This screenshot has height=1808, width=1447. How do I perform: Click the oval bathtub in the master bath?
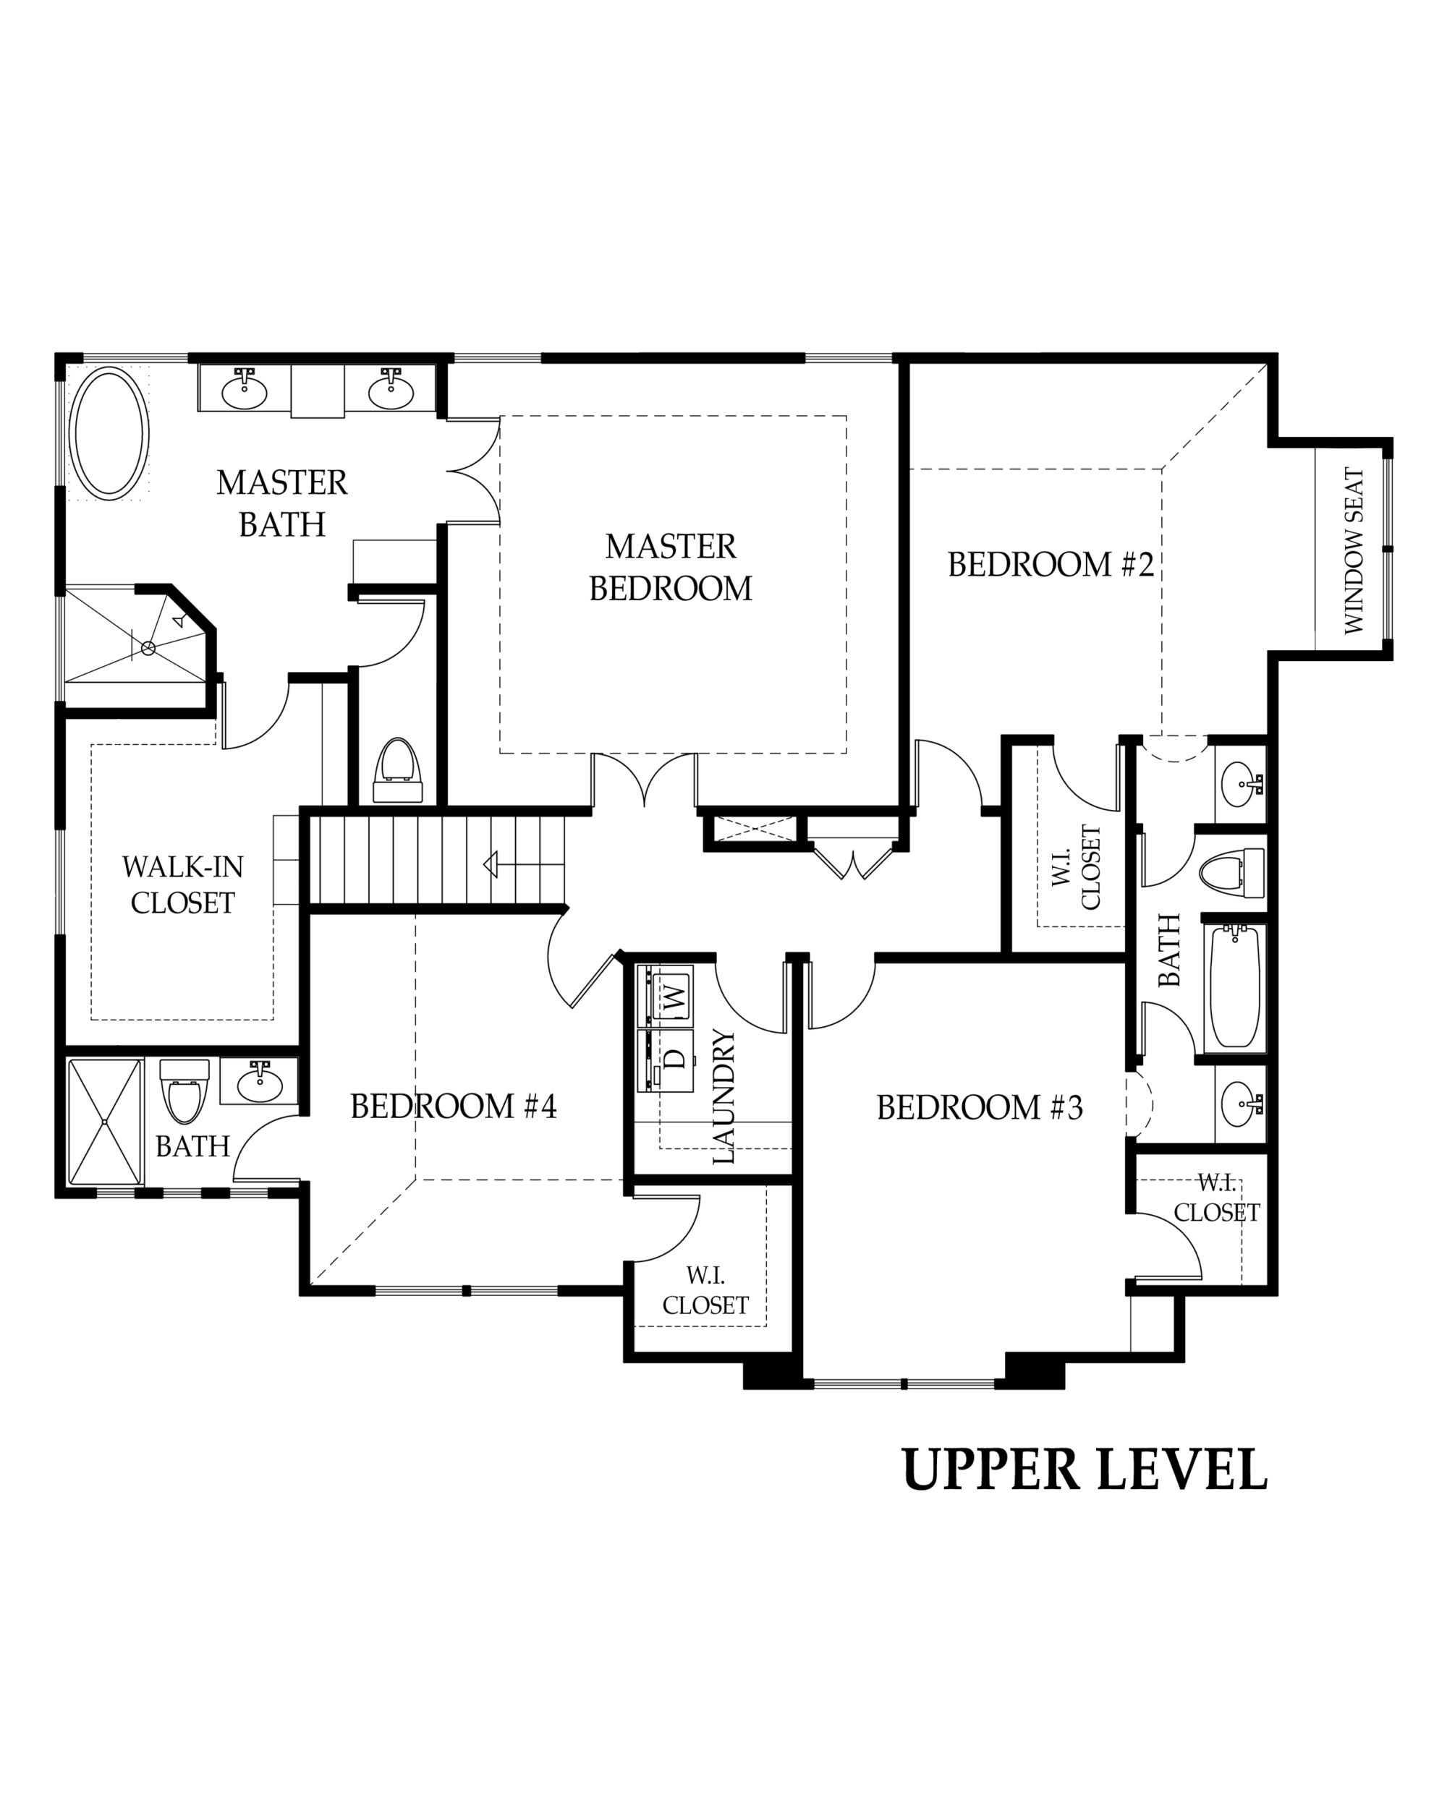pos(109,433)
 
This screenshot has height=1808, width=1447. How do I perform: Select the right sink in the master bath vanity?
pos(391,390)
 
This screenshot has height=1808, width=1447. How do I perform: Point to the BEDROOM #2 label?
pos(1051,564)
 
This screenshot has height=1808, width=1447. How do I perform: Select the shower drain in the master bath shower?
pos(148,647)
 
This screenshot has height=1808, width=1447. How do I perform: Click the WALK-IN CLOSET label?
pos(182,884)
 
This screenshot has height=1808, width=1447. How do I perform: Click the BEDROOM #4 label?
pos(453,1106)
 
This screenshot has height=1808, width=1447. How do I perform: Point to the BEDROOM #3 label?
pos(979,1107)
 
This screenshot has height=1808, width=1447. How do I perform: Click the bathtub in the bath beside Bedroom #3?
pos(1235,988)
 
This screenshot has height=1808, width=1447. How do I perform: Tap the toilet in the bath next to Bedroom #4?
pos(184,1093)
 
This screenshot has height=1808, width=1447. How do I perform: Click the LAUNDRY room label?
pos(722,1096)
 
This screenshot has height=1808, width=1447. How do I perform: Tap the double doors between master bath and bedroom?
pos(474,472)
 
